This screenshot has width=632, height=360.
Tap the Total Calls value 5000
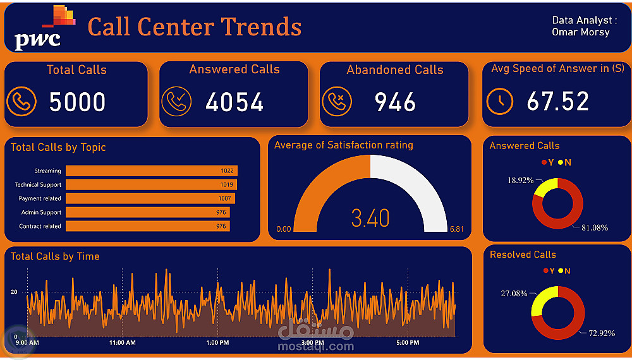coord(77,102)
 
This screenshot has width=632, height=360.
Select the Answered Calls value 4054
coord(234,102)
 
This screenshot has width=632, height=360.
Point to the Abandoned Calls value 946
coord(395,102)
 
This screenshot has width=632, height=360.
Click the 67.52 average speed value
coord(557,102)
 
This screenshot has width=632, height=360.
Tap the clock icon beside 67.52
coord(500,101)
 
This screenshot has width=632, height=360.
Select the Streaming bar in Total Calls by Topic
coord(151,171)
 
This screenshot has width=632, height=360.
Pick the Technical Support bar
coord(151,184)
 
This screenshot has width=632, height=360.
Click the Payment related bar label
coord(40,198)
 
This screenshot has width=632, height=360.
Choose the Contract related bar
coord(147,226)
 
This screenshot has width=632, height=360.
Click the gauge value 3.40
coord(370,219)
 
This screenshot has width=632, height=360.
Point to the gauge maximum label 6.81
coord(456,229)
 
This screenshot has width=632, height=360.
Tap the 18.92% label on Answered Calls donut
coord(520,180)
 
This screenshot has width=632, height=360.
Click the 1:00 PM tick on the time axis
coord(217,342)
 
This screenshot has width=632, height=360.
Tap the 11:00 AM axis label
coord(122,342)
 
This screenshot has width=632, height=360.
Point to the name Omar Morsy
coord(580,32)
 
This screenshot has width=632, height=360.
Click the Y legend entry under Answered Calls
coord(547,162)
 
